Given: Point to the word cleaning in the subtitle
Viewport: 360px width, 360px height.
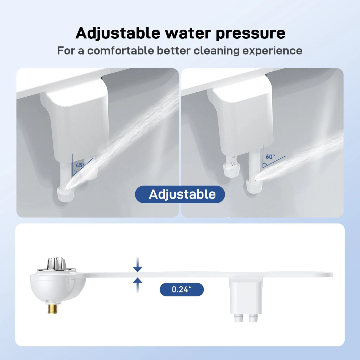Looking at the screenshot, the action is pos(217,51).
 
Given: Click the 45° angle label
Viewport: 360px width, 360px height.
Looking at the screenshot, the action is pos(80,165).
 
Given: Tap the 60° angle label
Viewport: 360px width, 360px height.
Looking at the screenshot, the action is pos(270,157).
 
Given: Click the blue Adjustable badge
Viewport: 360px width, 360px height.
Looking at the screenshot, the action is pos(180,194).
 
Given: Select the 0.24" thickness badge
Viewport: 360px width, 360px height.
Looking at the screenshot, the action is pos(181,289).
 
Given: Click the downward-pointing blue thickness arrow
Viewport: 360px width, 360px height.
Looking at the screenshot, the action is pos(137,265).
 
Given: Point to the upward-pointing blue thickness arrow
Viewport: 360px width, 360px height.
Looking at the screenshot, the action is pos(137,285).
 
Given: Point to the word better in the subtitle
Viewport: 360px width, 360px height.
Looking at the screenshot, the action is pos(174,51).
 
